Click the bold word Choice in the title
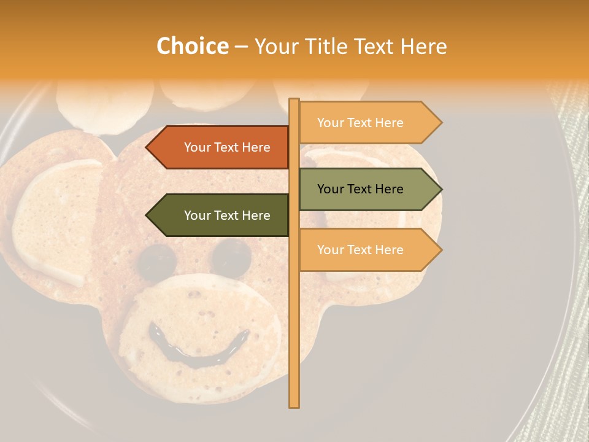(192, 46)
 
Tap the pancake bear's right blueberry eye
(232, 255)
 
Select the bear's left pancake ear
(52, 221)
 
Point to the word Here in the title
(423, 46)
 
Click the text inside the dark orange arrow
(227, 147)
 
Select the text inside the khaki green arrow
(360, 189)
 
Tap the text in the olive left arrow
(227, 215)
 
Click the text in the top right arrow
(360, 123)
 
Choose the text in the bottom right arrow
(360, 250)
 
